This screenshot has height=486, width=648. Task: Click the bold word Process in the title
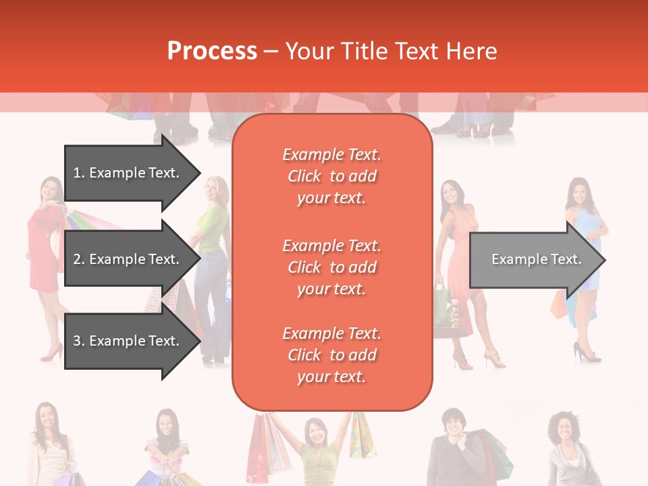point(212,51)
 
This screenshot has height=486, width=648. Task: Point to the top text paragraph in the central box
point(331,176)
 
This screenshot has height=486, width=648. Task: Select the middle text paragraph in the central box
point(331,267)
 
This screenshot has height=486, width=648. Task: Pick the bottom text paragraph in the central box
point(331,355)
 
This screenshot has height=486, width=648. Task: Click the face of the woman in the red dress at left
point(50,190)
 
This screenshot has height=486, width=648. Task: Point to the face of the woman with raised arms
point(315,432)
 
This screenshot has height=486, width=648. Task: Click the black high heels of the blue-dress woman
point(586,352)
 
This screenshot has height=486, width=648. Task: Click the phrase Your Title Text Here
point(391,51)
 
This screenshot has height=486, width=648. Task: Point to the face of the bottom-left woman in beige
point(47,416)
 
